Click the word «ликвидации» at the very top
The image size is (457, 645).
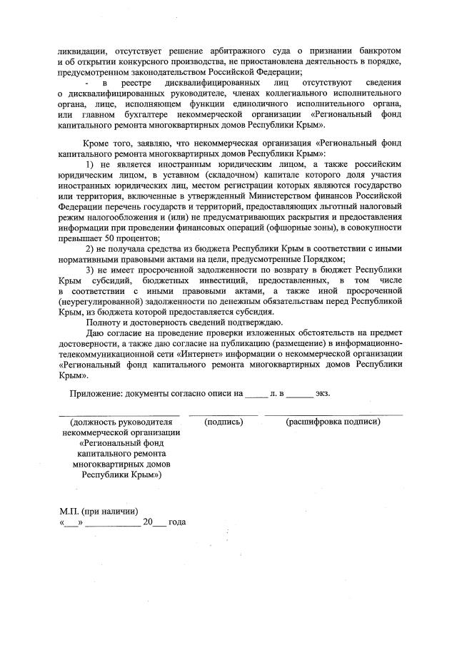(80, 51)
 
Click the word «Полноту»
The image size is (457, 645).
(103, 322)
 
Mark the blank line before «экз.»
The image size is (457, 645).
(300, 395)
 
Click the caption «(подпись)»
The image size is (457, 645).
(224, 422)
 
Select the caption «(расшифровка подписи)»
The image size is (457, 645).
(333, 422)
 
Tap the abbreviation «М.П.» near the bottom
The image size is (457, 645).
(70, 511)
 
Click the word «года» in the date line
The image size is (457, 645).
(177, 522)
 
